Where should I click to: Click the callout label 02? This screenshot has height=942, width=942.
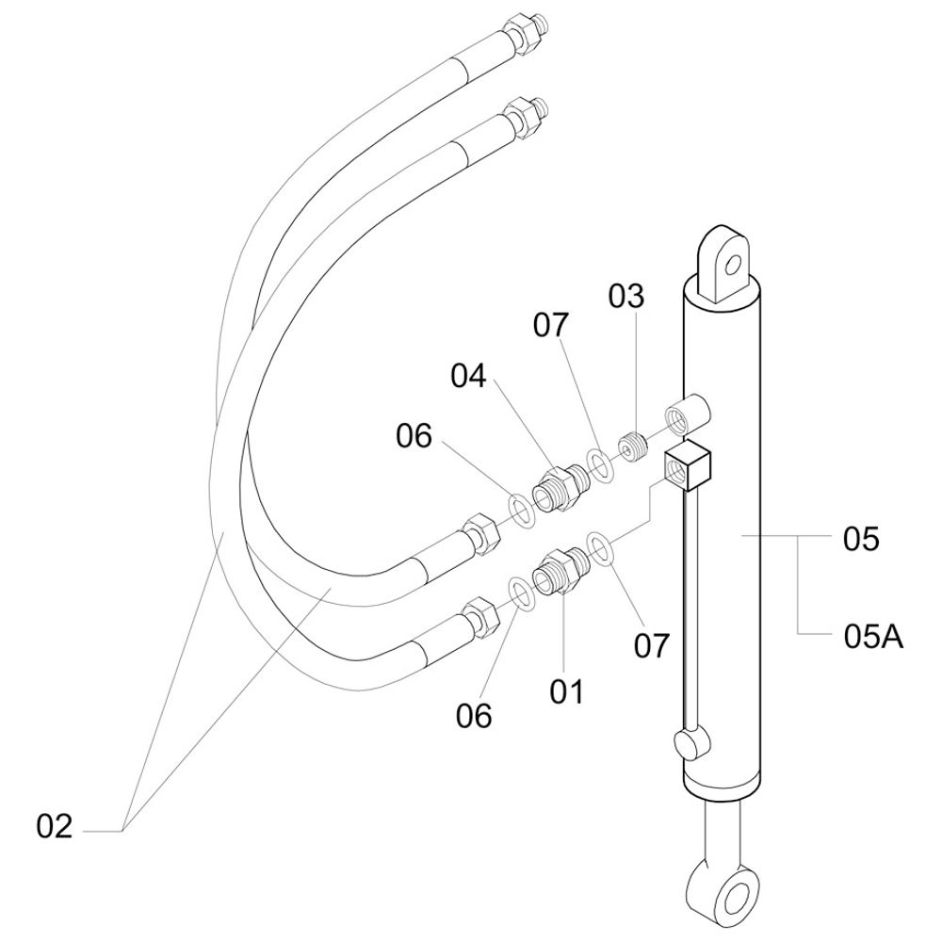tap(55, 827)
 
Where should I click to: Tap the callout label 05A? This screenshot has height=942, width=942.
tap(873, 637)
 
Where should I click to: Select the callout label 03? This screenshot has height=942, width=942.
tap(626, 297)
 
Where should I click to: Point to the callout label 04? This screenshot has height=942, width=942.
tap(468, 376)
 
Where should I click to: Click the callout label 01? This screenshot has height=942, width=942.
tap(567, 691)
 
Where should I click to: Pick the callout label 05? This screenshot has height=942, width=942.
tap(860, 540)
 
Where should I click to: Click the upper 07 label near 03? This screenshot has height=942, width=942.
tap(551, 325)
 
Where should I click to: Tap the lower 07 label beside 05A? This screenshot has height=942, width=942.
tap(651, 646)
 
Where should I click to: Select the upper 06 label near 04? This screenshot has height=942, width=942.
tap(414, 436)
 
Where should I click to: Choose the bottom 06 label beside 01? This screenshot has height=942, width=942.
tap(474, 716)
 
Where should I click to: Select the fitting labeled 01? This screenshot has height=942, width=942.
tap(559, 571)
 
